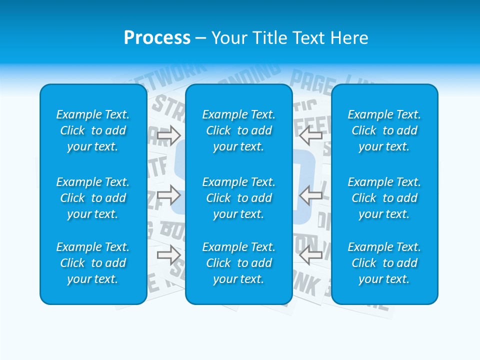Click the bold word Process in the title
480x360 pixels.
click(x=157, y=38)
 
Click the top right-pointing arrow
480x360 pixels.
click(x=169, y=135)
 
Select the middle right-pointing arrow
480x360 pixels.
click(x=169, y=195)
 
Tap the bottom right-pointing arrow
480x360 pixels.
click(x=169, y=255)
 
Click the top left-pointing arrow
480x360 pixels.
click(x=310, y=135)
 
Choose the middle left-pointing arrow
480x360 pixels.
click(x=310, y=195)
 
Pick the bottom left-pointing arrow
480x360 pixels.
click(x=310, y=255)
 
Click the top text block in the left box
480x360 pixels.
click(x=93, y=130)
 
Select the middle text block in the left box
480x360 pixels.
click(x=93, y=198)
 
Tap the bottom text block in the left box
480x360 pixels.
click(x=93, y=263)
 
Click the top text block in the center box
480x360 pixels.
click(x=238, y=130)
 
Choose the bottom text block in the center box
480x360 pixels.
click(x=238, y=263)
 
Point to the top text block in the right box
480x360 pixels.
click(x=384, y=130)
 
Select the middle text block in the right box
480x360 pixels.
click(x=384, y=198)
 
